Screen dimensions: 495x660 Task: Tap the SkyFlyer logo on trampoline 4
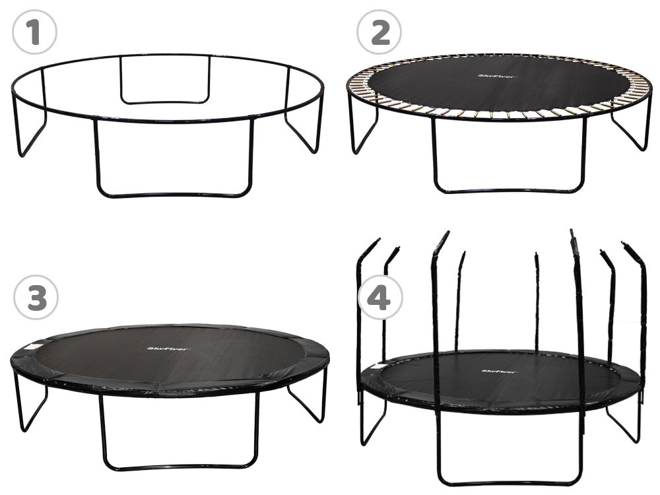click(x=500, y=372)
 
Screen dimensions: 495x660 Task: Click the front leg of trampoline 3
click(x=178, y=462)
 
